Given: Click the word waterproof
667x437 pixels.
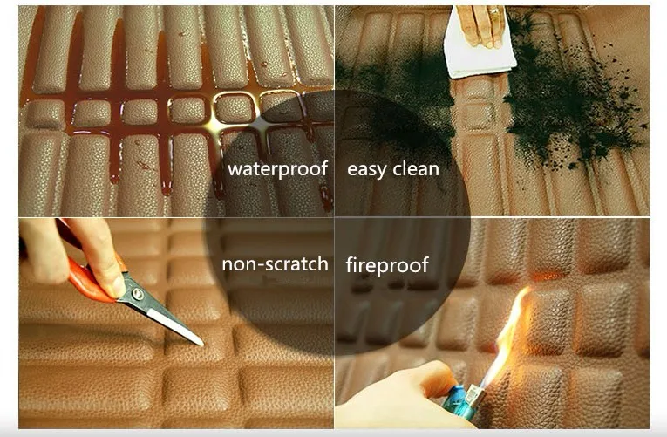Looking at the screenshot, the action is [278, 169].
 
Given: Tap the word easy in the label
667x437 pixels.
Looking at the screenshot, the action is [366, 170].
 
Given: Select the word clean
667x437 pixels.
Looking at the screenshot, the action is [416, 169].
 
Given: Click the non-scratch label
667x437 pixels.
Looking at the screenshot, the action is [276, 263].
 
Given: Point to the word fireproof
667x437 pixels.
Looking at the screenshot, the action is [387, 264].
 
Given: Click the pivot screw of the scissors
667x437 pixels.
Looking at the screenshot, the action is [138, 293].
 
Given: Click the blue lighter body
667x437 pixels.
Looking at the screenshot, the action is [459, 403].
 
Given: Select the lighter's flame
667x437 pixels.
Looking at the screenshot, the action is [512, 331].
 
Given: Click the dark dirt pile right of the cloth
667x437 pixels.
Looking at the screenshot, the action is [570, 98].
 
